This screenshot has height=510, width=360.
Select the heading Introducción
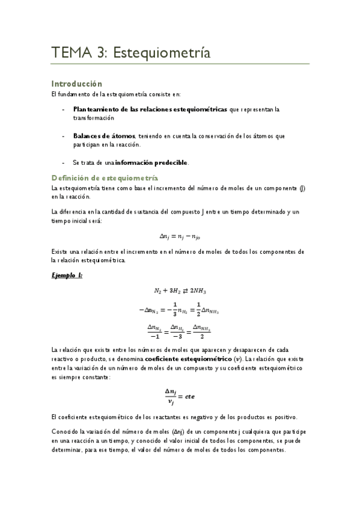coord(77,84)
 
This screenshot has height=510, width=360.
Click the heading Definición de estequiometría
coord(105,178)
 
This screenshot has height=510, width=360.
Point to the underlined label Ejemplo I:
coord(66,275)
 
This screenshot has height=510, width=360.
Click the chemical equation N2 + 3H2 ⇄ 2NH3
coord(180,290)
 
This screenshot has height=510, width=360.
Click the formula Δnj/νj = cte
coord(180,397)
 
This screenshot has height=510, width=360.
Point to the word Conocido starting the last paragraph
coord(66,432)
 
